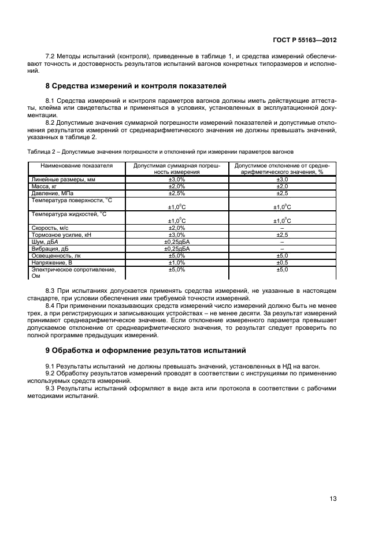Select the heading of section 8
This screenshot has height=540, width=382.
coord(136,86)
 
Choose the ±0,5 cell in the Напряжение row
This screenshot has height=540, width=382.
coord(281,262)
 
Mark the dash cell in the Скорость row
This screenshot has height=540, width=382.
coord(281,228)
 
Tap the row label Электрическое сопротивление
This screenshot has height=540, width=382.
coord(73,269)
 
